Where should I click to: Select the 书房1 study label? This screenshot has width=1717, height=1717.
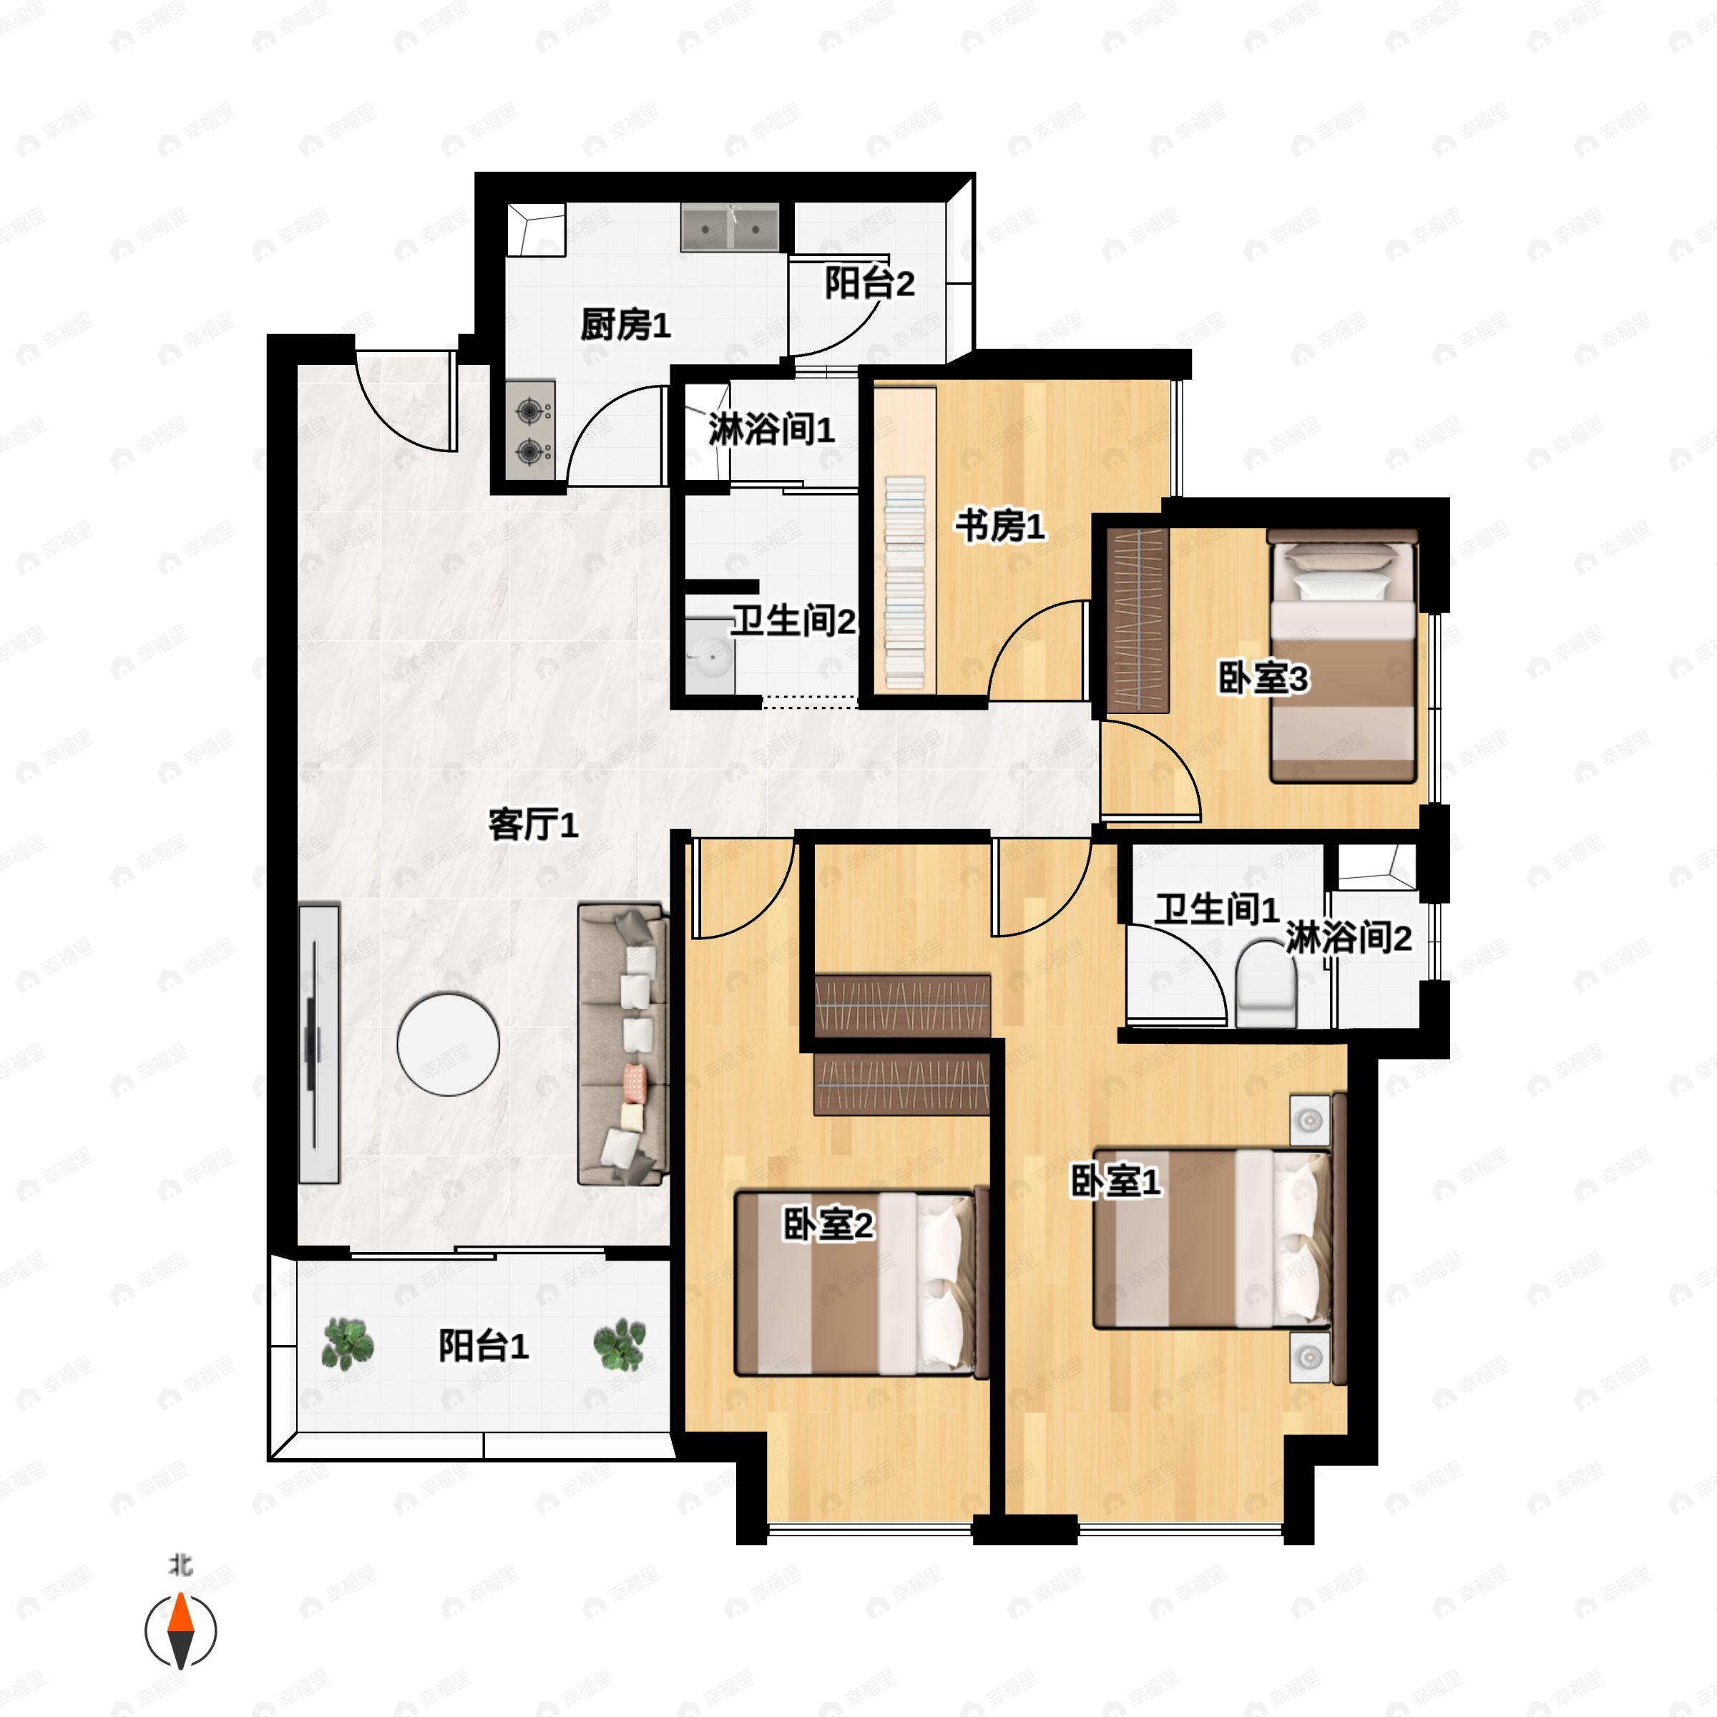pyautogui.click(x=1000, y=527)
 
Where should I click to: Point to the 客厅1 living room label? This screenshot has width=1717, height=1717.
pyautogui.click(x=532, y=826)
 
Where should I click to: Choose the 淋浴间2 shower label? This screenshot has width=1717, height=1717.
pyautogui.click(x=1348, y=939)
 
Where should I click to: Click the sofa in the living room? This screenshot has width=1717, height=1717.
pyautogui.click(x=623, y=1045)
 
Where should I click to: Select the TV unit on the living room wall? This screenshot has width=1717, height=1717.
pyautogui.click(x=319, y=1043)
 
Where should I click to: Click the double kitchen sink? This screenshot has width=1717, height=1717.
pyautogui.click(x=730, y=227)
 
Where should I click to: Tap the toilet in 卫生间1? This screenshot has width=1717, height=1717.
pyautogui.click(x=1266, y=984)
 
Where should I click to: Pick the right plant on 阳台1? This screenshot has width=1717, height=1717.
pyautogui.click(x=620, y=1345)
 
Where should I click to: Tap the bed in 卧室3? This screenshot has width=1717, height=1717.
pyautogui.click(x=1342, y=656)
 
